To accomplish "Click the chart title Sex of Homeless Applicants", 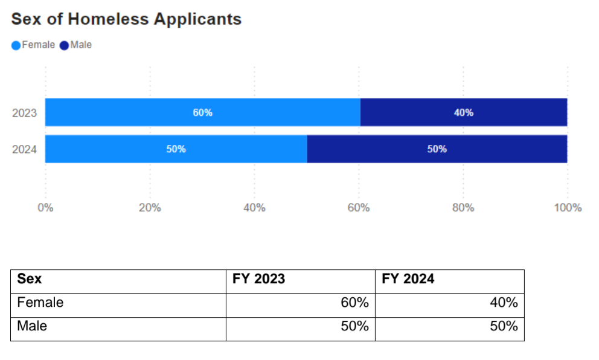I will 126,19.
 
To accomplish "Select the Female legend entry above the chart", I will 34,45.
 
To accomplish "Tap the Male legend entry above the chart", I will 76,45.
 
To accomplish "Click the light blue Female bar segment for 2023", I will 203,112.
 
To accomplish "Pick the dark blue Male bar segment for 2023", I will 464,112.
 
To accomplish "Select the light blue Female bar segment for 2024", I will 176,149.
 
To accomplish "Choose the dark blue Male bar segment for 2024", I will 437,149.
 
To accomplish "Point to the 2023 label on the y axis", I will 25,113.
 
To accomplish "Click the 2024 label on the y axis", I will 25,150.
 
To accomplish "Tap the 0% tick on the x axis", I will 45,208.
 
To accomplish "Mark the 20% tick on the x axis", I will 150,208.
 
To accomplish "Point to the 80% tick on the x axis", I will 463,208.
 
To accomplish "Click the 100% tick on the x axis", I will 567,208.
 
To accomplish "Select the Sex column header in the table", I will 30,280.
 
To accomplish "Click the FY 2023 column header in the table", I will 258,280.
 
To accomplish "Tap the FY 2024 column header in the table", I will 408,280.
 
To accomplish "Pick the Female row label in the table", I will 40,303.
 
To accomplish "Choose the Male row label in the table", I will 32,327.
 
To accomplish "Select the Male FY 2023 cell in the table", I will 354,327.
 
